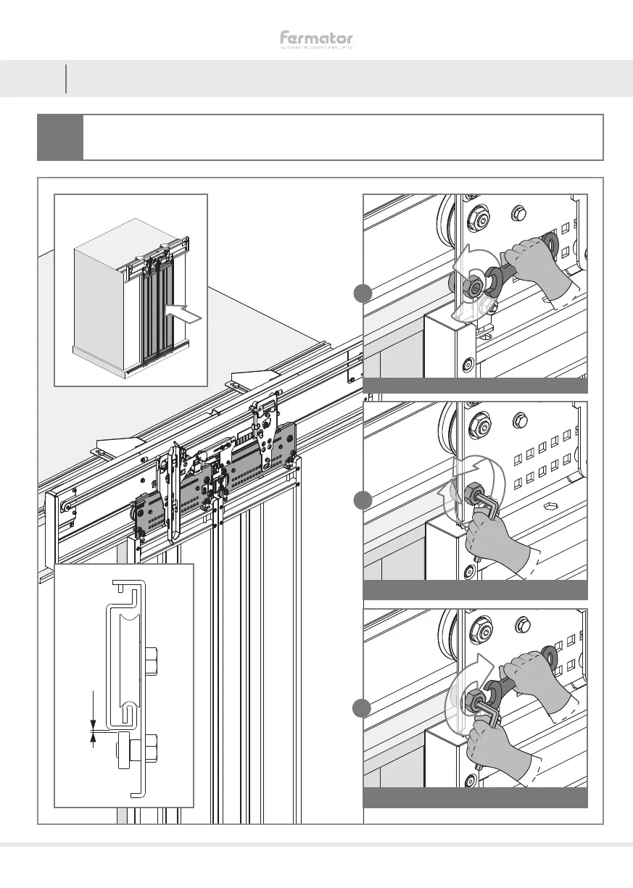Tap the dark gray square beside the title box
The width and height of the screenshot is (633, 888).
59,136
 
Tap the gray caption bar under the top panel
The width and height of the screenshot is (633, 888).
474,385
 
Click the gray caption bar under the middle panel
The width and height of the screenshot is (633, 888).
474,591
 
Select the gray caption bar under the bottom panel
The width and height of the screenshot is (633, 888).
474,798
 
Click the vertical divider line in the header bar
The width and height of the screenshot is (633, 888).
66,78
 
